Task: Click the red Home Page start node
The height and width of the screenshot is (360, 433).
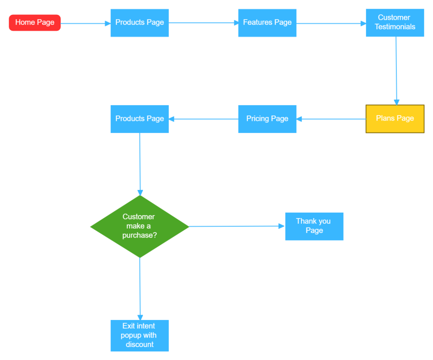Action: (35, 23)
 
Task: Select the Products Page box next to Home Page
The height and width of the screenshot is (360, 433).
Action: (140, 23)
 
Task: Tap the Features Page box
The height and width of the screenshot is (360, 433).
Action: (267, 23)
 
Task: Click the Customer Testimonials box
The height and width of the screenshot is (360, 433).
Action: (395, 23)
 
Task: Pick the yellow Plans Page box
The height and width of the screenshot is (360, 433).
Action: (395, 119)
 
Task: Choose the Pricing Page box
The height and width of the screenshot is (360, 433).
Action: (267, 119)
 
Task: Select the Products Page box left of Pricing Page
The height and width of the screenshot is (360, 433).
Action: (140, 119)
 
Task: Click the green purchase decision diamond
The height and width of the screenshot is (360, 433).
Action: (140, 227)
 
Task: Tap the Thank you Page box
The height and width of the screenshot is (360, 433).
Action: (314, 226)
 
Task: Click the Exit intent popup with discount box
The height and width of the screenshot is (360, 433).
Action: (140, 335)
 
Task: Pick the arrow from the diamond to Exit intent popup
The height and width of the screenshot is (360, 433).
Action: (140, 289)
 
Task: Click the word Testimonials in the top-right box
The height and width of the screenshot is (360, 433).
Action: (395, 27)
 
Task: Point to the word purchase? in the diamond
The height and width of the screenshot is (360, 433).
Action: (139, 235)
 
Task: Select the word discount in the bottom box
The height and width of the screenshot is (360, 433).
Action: (140, 345)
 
